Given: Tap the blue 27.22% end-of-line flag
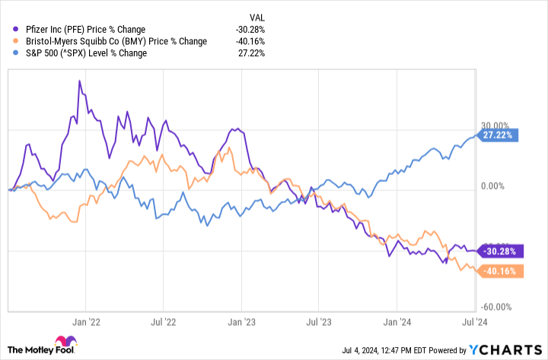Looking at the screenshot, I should pos(498,135).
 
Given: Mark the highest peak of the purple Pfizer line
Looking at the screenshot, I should pos(80,80).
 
